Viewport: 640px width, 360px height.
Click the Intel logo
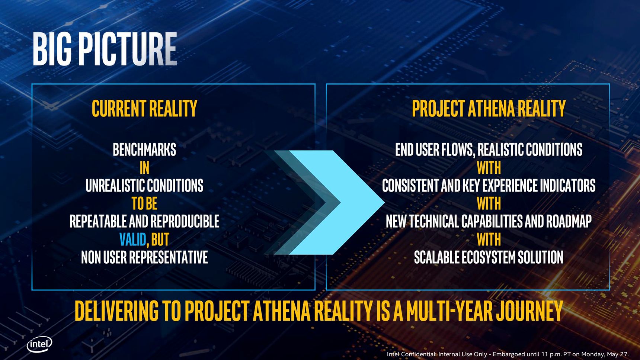click(x=39, y=344)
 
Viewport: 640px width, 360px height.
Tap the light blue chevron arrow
click(x=337, y=202)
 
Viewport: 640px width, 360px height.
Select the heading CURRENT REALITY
click(x=144, y=109)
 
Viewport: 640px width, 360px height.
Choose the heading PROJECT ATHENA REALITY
click(x=489, y=109)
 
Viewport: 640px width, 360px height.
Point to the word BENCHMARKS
click(x=144, y=150)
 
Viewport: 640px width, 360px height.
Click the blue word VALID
click(x=133, y=240)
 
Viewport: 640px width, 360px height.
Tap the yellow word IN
click(x=144, y=168)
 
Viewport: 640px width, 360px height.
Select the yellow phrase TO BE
click(x=144, y=204)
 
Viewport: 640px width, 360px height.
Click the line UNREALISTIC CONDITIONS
click(x=144, y=186)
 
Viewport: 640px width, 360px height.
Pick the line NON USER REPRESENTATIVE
click(x=144, y=257)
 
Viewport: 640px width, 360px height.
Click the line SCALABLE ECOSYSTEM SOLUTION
click(x=489, y=257)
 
